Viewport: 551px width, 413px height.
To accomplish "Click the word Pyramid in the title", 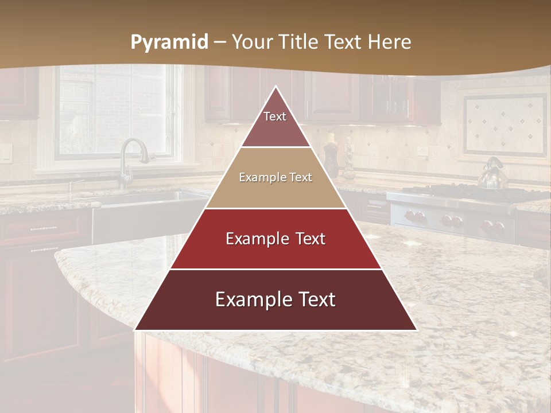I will point(169,42).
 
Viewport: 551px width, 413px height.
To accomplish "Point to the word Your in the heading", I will point(253,42).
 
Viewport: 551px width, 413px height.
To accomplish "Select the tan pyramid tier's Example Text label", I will point(275,178).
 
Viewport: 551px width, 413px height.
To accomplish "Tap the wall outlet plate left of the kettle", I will point(423,151).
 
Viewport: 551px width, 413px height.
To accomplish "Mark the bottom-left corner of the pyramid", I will point(135,330).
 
